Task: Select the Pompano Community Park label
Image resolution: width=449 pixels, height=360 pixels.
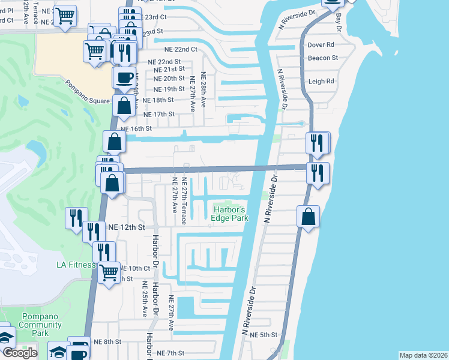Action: click(40, 325)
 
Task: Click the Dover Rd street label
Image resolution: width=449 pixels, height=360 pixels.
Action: click(321, 45)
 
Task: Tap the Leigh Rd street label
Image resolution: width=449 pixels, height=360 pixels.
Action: click(321, 82)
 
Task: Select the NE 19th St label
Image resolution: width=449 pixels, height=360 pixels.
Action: click(167, 89)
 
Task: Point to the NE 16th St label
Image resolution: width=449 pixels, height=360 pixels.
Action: click(136, 128)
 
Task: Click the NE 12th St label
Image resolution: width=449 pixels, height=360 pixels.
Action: click(127, 227)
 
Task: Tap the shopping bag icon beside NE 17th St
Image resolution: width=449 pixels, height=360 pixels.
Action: click(124, 106)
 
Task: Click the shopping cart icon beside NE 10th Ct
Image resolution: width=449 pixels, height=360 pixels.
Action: click(109, 273)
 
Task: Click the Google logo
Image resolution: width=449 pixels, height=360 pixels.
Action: click(20, 353)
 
